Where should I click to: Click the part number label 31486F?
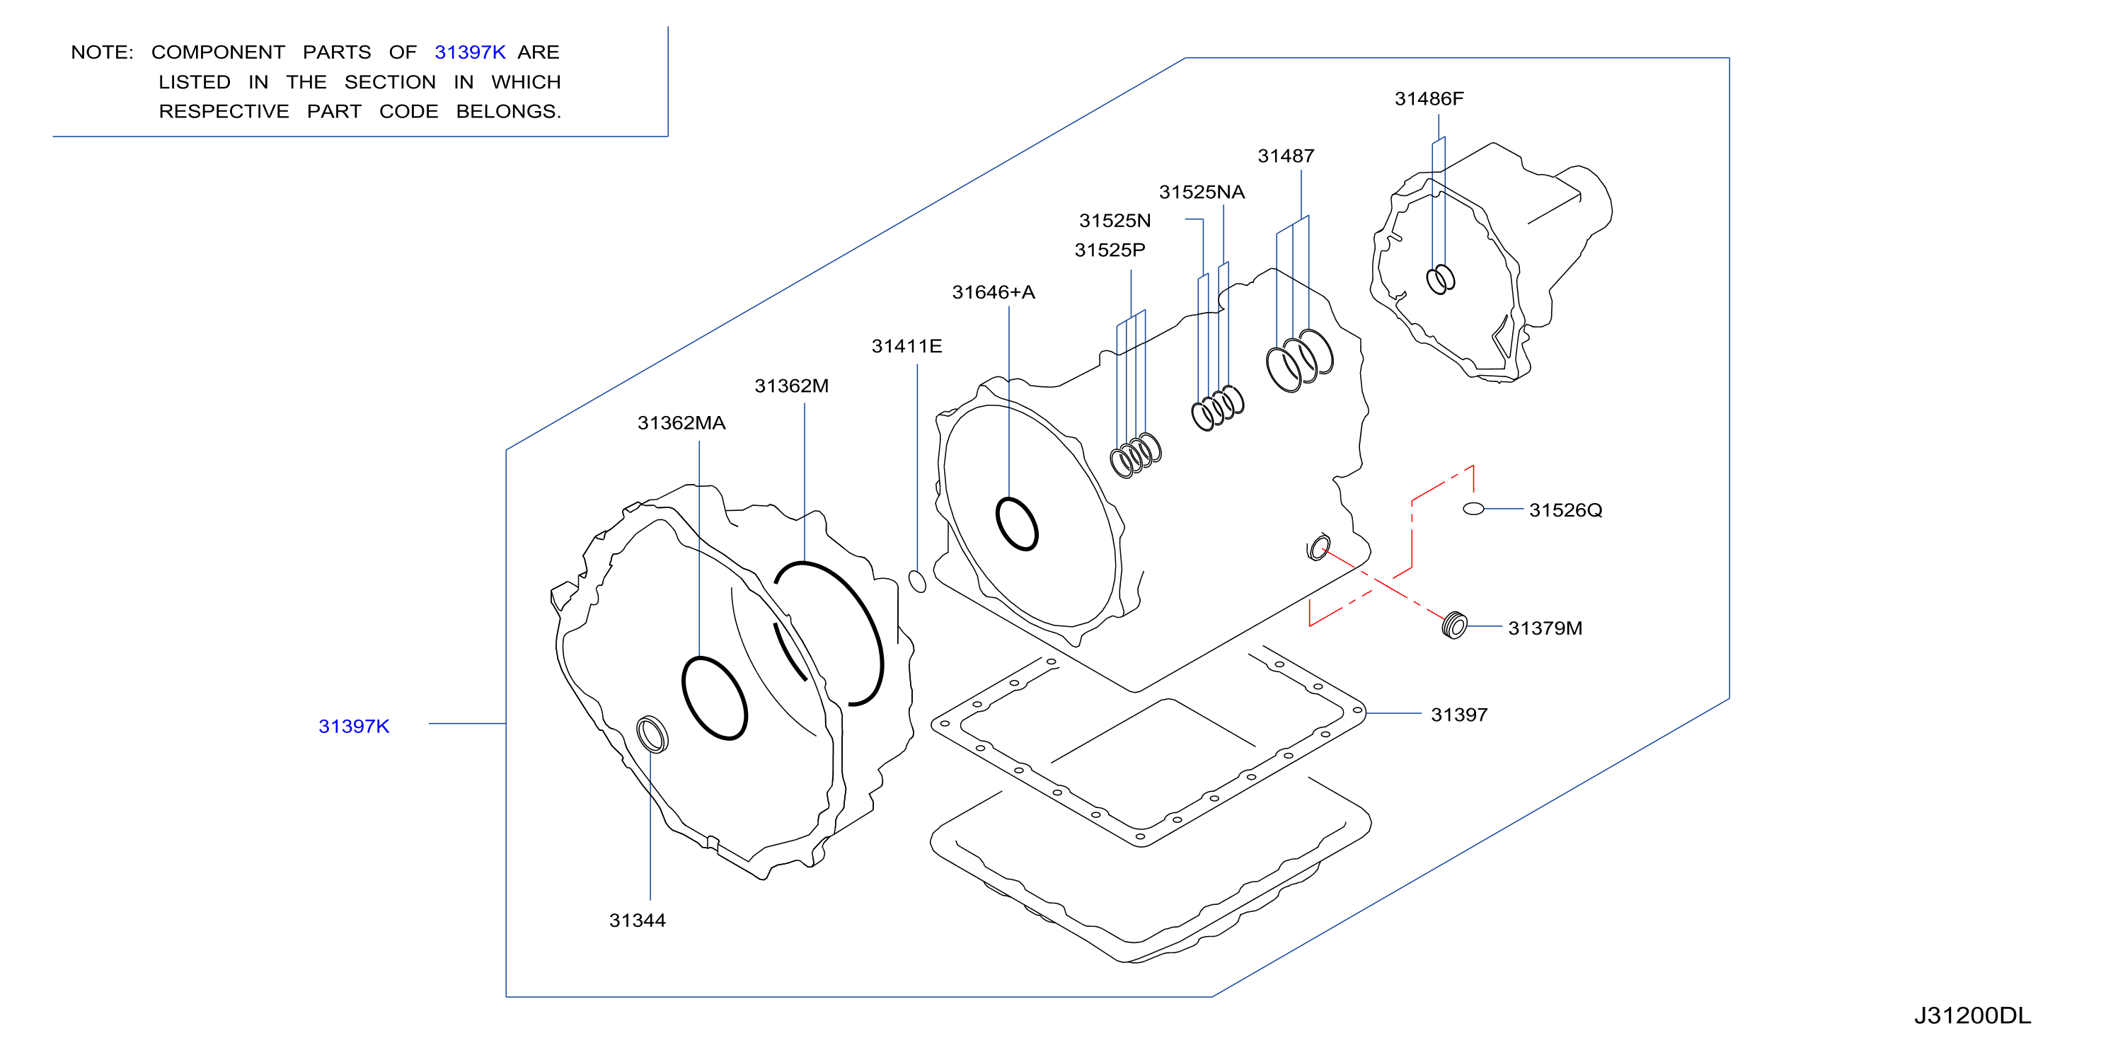point(1429,98)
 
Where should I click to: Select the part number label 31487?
point(1285,156)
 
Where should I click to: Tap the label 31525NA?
point(1202,192)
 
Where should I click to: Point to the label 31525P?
point(1110,250)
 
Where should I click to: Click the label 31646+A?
point(994,292)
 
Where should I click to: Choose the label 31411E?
point(906,346)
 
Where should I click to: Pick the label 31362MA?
point(681,423)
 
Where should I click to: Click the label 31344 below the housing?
point(638,921)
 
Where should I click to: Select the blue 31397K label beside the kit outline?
point(354,726)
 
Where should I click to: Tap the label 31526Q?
point(1565,510)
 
